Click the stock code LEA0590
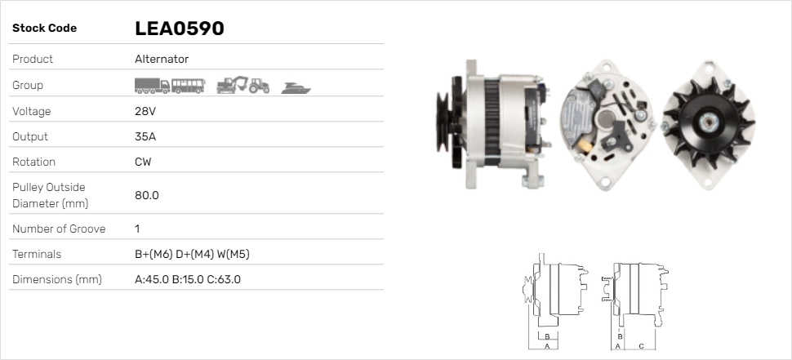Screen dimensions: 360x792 click(x=179, y=29)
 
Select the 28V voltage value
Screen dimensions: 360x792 click(x=145, y=111)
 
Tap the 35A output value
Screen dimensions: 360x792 click(x=145, y=136)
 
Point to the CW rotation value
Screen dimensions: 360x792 click(x=143, y=162)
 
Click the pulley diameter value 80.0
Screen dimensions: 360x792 click(x=146, y=195)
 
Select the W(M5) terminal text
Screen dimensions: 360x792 click(x=233, y=254)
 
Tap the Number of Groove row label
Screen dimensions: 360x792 click(x=59, y=229)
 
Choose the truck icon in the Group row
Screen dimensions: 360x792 click(x=152, y=86)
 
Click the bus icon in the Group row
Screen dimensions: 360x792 click(x=188, y=86)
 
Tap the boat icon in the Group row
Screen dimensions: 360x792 click(x=296, y=87)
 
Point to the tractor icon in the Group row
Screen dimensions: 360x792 click(x=260, y=86)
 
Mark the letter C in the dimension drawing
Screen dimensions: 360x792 click(x=641, y=346)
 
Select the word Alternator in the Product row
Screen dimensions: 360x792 click(x=162, y=59)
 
